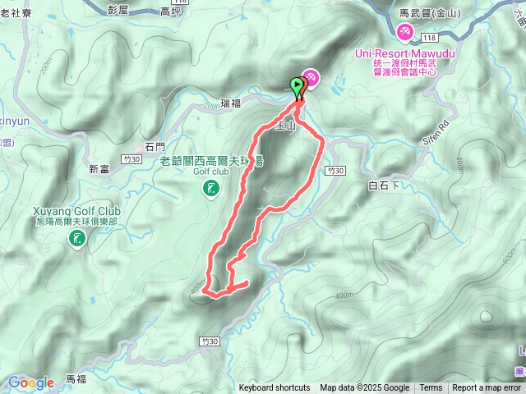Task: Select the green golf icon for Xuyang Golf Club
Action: (x=76, y=239)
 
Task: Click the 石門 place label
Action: (x=155, y=146)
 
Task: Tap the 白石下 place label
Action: (x=384, y=186)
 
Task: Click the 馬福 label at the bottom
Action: (x=76, y=379)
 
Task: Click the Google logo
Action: (x=30, y=383)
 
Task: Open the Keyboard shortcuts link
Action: (x=275, y=388)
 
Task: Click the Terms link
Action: (x=431, y=388)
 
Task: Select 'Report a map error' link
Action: (x=487, y=388)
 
